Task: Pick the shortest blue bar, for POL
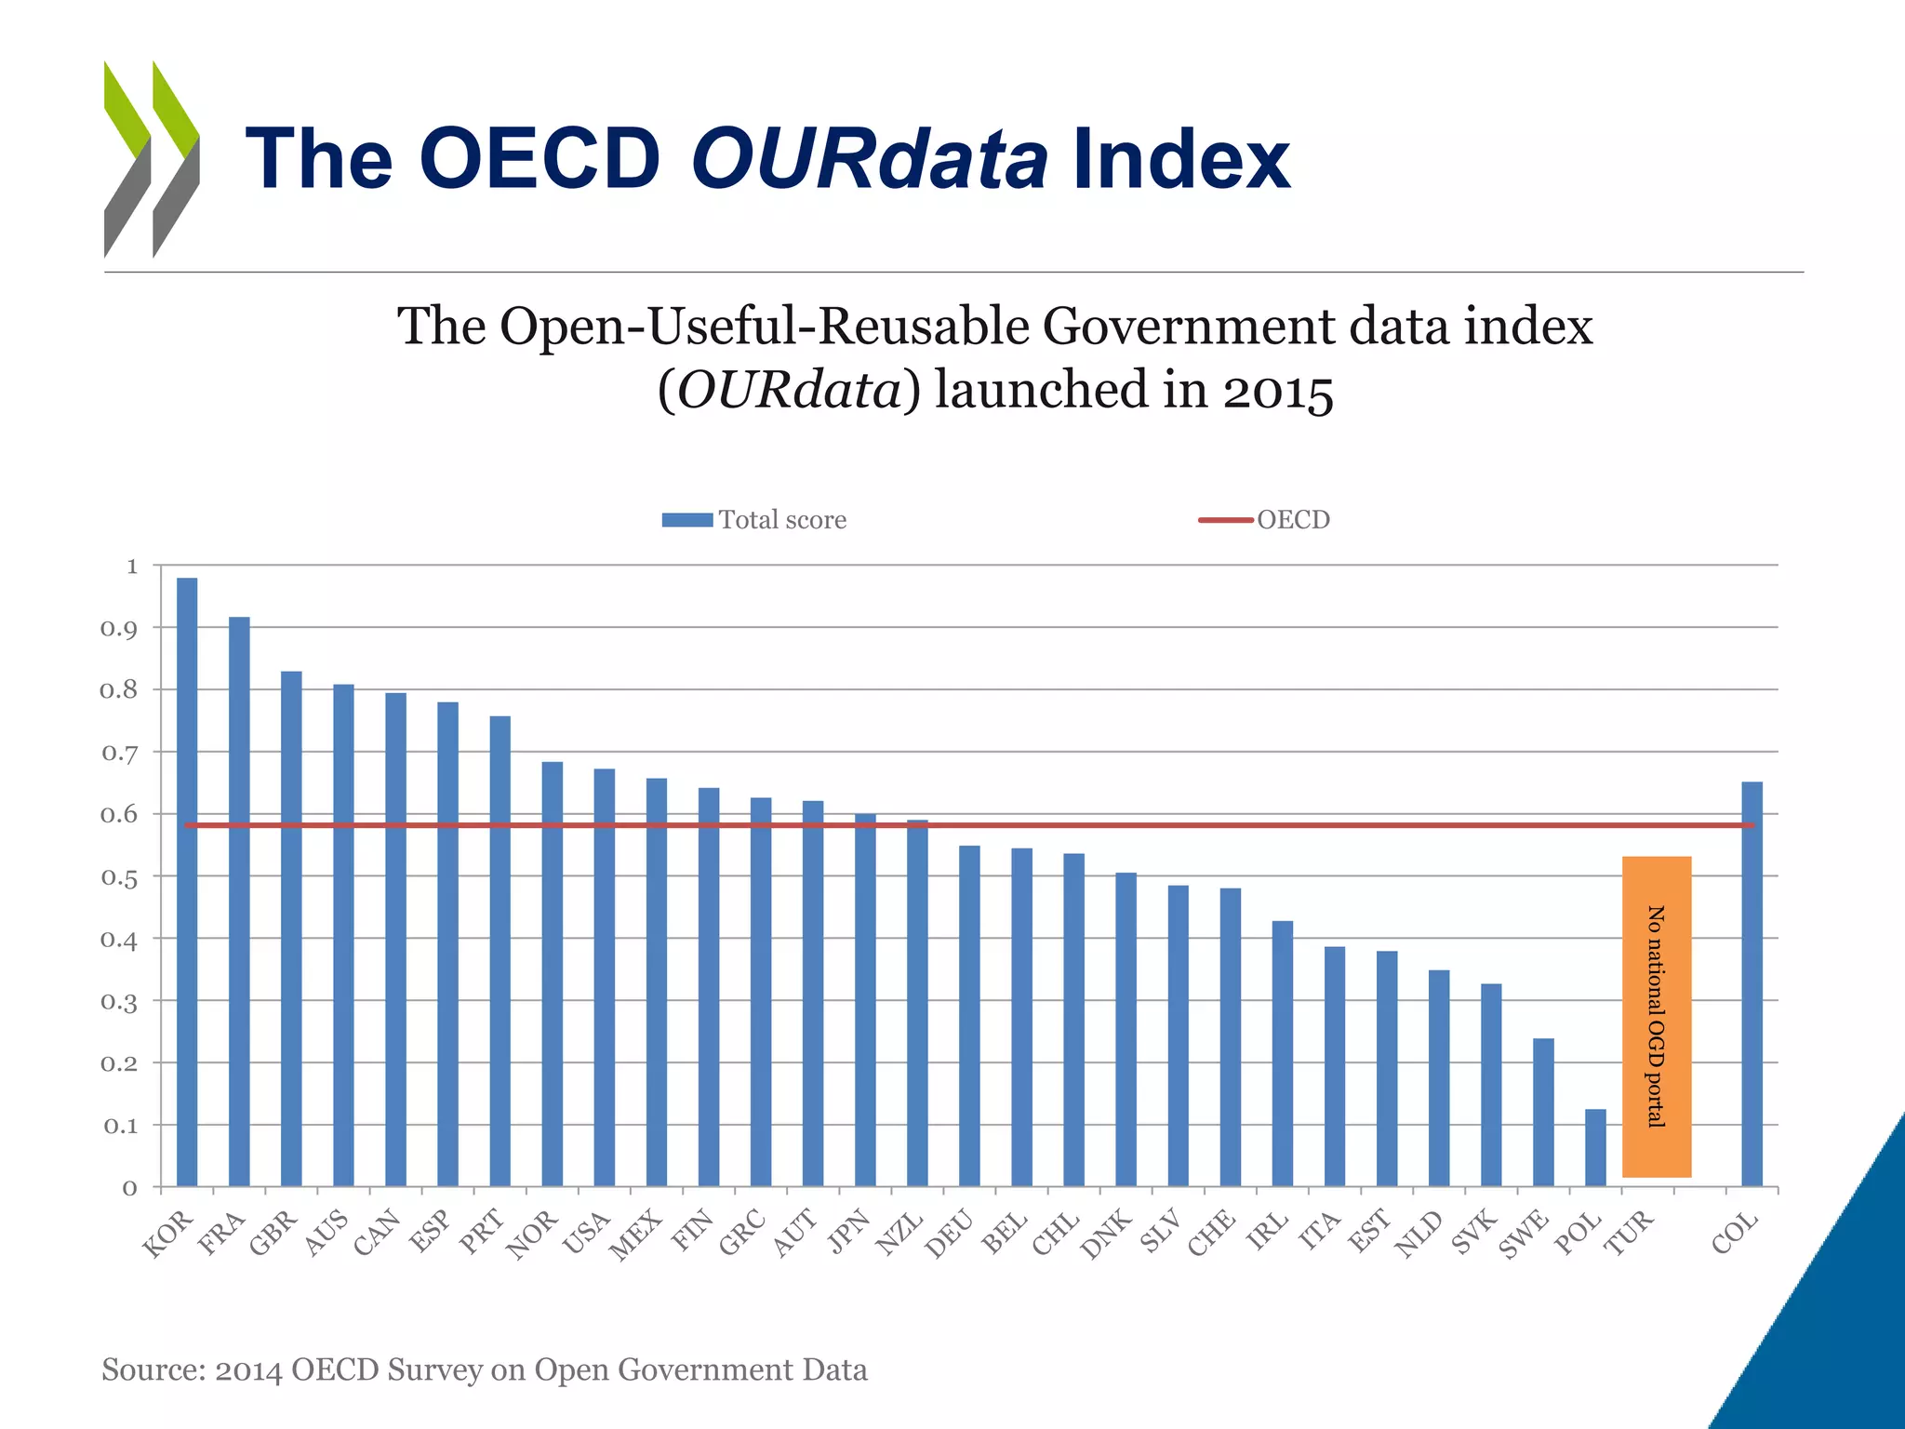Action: click(x=1595, y=1147)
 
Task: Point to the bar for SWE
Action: click(x=1543, y=1112)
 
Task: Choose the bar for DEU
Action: click(x=969, y=1016)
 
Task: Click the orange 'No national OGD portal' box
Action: click(x=1656, y=1016)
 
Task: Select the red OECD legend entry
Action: click(x=1264, y=520)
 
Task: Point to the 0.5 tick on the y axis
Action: click(x=119, y=877)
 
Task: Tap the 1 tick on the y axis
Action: click(x=131, y=566)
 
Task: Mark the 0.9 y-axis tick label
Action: click(x=119, y=629)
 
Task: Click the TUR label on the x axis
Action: click(x=1630, y=1233)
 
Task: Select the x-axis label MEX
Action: click(x=636, y=1235)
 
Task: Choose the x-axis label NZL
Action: click(x=899, y=1234)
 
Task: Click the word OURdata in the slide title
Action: click(x=869, y=159)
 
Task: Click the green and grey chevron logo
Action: click(x=151, y=159)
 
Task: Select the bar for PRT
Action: click(x=500, y=951)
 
